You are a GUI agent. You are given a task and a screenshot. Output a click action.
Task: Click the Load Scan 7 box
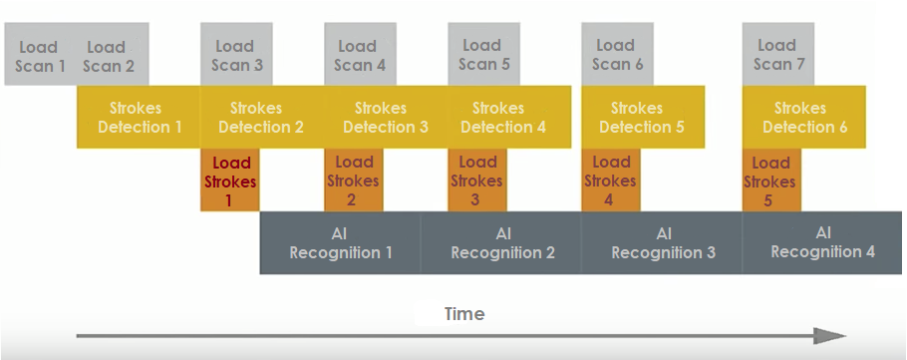[x=778, y=56]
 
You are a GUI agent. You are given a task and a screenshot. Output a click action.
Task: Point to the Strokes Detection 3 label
[x=385, y=117]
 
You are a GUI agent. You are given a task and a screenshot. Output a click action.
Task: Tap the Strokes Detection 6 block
[x=805, y=117]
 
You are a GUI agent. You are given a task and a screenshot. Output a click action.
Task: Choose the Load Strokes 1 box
[x=230, y=180]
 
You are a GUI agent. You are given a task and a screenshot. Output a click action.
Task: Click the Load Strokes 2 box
[x=354, y=180]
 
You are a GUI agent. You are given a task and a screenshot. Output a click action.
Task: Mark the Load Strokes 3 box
[x=477, y=180]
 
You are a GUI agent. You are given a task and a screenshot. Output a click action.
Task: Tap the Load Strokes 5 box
[x=771, y=180]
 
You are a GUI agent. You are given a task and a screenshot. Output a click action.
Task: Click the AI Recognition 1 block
[x=341, y=242]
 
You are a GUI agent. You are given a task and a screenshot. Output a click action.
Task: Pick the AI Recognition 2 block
[x=501, y=242]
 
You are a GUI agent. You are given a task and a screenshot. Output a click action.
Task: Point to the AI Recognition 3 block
[x=662, y=242]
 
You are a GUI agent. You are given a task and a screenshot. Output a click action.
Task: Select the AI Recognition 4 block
[x=823, y=242]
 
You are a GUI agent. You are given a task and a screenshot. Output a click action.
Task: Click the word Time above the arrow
[x=464, y=314]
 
